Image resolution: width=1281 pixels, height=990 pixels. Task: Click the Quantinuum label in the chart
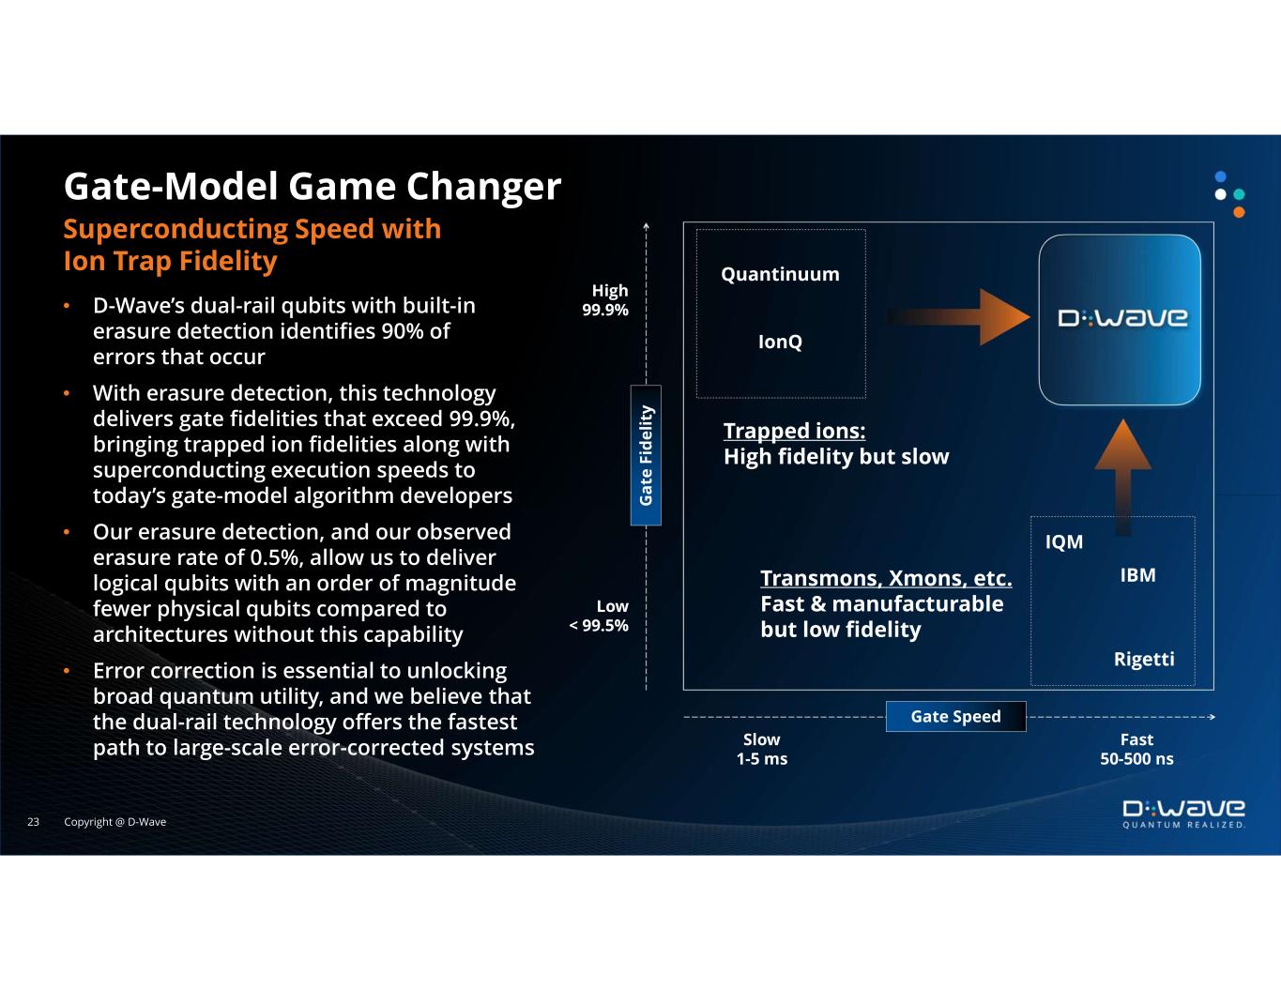pyautogui.click(x=780, y=274)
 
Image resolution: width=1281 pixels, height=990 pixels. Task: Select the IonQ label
pyautogui.click(x=780, y=342)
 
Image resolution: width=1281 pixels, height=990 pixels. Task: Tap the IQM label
pyautogui.click(x=1064, y=542)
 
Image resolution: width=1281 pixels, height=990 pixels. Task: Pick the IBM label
pyautogui.click(x=1137, y=575)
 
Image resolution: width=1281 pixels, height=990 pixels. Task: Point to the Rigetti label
pyautogui.click(x=1143, y=659)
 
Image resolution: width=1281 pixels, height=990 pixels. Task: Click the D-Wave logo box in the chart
pyautogui.click(x=1120, y=319)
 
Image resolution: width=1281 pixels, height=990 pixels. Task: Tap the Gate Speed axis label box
pyautogui.click(x=955, y=716)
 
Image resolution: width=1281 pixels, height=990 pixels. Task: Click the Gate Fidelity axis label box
pyautogui.click(x=646, y=455)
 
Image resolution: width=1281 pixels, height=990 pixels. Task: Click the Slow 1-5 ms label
pyautogui.click(x=761, y=749)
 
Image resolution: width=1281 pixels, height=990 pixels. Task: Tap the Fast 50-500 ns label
pyautogui.click(x=1136, y=749)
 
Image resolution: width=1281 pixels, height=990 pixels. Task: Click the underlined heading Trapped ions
pyautogui.click(x=794, y=431)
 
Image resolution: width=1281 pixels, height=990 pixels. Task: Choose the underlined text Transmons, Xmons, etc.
pyautogui.click(x=885, y=577)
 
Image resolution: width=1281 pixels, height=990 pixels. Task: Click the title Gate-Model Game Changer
pyautogui.click(x=312, y=186)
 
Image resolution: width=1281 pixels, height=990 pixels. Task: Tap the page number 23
pyautogui.click(x=33, y=822)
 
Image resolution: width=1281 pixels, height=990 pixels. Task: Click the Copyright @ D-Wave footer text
pyautogui.click(x=114, y=822)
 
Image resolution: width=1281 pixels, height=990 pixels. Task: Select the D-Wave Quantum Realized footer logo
pyautogui.click(x=1184, y=815)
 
